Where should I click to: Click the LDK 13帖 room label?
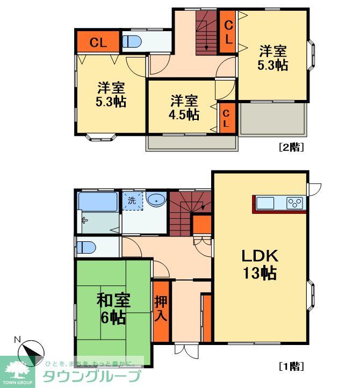point(259,263)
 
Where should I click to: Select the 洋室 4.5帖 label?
point(184,107)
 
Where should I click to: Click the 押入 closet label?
point(161,308)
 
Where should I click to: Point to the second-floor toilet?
point(132,41)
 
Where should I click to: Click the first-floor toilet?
point(86,247)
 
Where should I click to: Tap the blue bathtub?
point(97,202)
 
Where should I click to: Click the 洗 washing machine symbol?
point(132,202)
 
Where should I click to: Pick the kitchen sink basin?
point(265,204)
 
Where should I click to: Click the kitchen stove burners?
point(295,204)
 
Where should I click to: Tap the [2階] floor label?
point(291,147)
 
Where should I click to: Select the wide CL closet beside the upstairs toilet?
point(97,42)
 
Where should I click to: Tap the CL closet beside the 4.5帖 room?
point(226,118)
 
